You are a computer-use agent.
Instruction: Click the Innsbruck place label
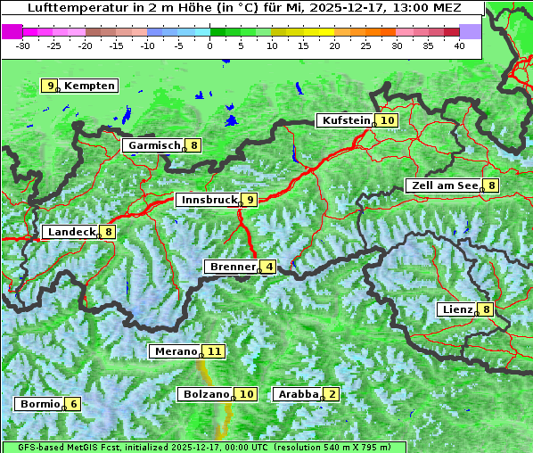pyautogui.click(x=208, y=200)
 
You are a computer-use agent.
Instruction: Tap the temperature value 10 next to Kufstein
pyautogui.click(x=387, y=120)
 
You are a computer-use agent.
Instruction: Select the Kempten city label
pyautogui.click(x=89, y=86)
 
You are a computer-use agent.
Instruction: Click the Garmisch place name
pyautogui.click(x=154, y=145)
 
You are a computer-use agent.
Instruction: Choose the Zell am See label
pyautogui.click(x=443, y=185)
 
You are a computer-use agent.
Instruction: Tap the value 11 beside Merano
pyautogui.click(x=214, y=351)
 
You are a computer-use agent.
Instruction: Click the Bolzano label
pyautogui.click(x=205, y=394)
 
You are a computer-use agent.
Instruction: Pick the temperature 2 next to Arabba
pyautogui.click(x=332, y=394)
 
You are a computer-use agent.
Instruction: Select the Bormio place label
pyautogui.click(x=39, y=404)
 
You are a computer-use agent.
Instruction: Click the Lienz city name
pyautogui.click(x=457, y=310)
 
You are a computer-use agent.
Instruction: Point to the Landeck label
pyautogui.click(x=70, y=232)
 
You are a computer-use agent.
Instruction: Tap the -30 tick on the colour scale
pyautogui.click(x=23, y=45)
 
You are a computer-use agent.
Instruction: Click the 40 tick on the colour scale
pyautogui.click(x=459, y=45)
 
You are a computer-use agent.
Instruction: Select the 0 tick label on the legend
pyautogui.click(x=210, y=45)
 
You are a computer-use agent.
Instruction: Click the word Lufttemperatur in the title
pyautogui.click(x=70, y=7)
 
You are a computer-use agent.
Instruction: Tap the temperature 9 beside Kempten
pyautogui.click(x=51, y=86)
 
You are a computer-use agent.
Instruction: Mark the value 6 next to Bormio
pyautogui.click(x=73, y=404)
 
